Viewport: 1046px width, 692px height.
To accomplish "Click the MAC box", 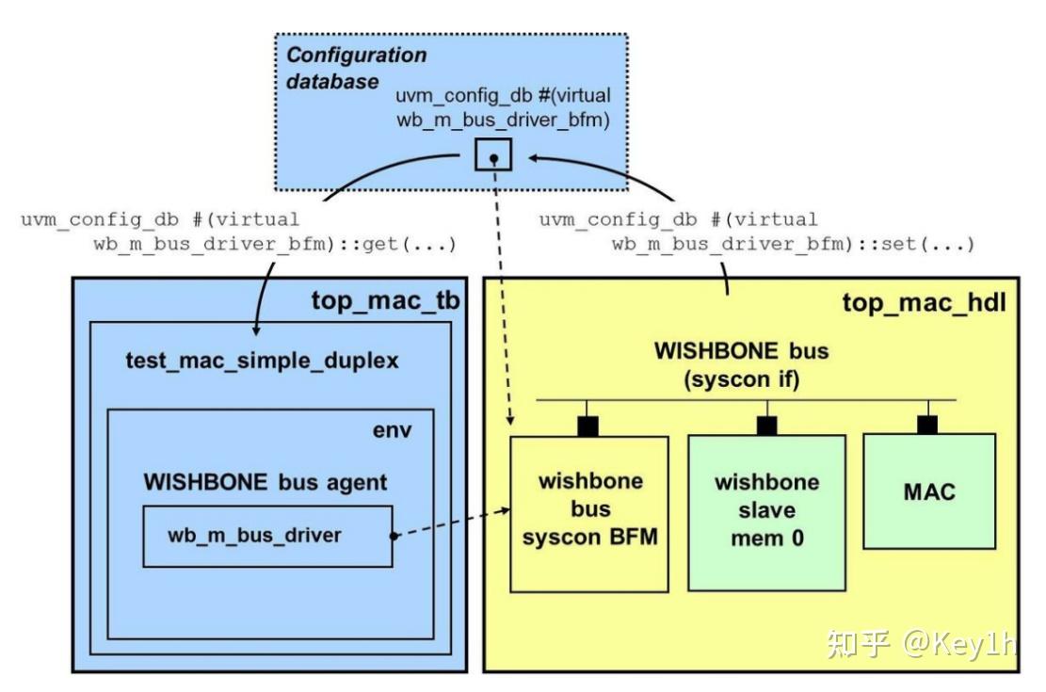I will point(928,491).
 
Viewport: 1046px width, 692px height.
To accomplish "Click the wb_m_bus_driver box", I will point(267,536).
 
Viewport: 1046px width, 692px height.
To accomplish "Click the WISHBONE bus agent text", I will point(265,483).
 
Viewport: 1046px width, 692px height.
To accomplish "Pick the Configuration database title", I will point(356,68).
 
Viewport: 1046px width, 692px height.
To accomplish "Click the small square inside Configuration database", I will point(492,154).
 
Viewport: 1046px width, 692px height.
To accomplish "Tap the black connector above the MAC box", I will point(928,425).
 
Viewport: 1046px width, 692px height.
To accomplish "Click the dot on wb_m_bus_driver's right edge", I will point(392,536).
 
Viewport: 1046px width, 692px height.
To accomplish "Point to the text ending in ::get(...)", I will point(239,233).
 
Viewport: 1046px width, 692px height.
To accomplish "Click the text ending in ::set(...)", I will point(757,233).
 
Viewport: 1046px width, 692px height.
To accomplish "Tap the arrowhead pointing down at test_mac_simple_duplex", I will point(256,329).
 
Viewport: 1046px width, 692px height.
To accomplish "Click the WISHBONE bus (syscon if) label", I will point(742,365).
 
